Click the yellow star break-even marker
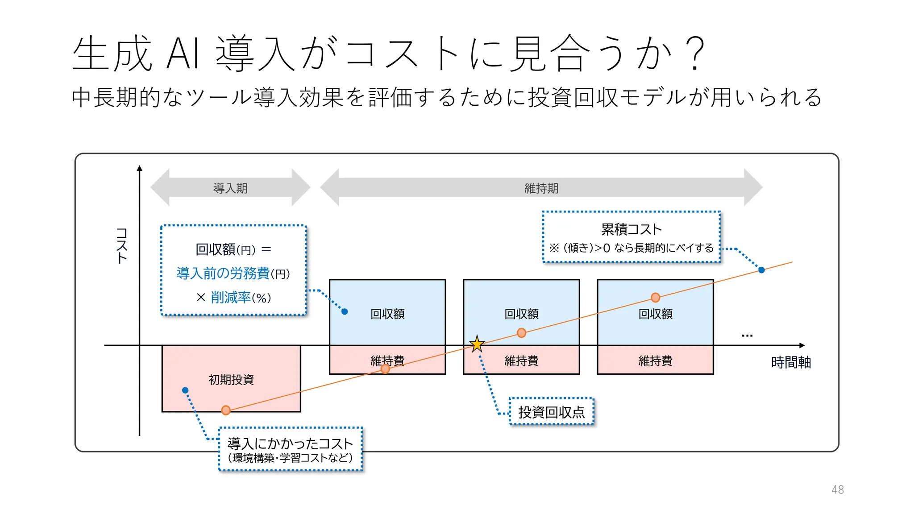coord(477,344)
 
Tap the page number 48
coord(838,489)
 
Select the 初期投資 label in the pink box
coord(231,380)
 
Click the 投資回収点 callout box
coord(552,412)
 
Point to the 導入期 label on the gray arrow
coord(230,188)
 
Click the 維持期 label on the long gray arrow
coord(541,188)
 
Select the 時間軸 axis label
coord(791,362)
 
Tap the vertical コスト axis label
coord(122,245)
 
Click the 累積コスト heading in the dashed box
coord(631,229)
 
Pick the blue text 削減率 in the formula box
coord(231,298)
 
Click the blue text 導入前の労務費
coord(223,273)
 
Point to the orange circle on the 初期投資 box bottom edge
coord(226,410)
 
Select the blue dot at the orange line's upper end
coord(761,270)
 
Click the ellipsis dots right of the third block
coord(747,336)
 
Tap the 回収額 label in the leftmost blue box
coord(387,314)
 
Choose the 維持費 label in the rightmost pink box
coord(655,361)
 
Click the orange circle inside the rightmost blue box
coord(655,298)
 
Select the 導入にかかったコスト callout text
coord(290,444)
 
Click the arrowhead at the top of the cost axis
coord(140,168)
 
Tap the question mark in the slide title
coord(695,54)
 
